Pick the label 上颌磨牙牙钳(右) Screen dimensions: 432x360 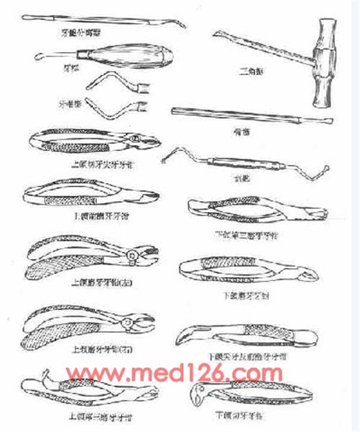(100, 349)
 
